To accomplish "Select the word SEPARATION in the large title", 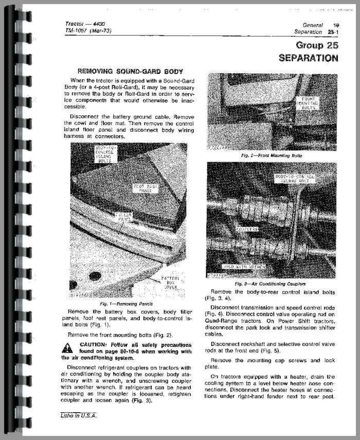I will (x=308, y=58).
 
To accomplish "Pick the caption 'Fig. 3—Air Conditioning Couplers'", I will (x=270, y=284).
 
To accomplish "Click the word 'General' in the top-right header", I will (x=312, y=25).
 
